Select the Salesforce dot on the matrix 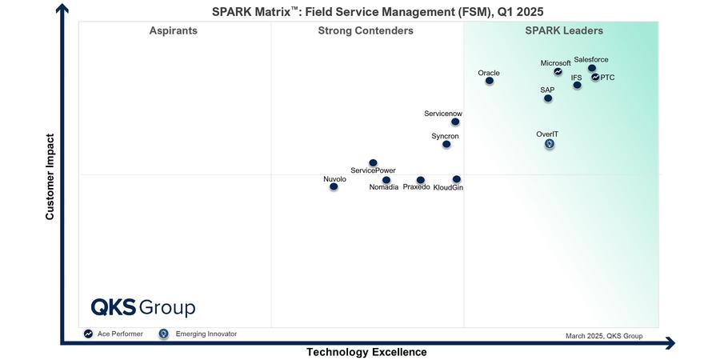tap(592, 69)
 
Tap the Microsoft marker tap(558, 72)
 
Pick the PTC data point tap(595, 77)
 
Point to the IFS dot tap(578, 85)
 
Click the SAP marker tap(548, 98)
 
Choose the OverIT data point tap(550, 144)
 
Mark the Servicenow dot tap(455, 122)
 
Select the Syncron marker tap(446, 144)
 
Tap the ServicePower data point tap(373, 163)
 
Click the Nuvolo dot tap(334, 186)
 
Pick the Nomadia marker tap(386, 180)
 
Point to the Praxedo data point tap(421, 180)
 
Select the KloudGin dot tap(456, 179)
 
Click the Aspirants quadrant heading tap(174, 31)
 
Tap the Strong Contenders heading tap(366, 31)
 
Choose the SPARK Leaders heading tap(564, 31)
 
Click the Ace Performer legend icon tap(88, 334)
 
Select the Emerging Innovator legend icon tap(163, 334)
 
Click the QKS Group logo tap(142, 308)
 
